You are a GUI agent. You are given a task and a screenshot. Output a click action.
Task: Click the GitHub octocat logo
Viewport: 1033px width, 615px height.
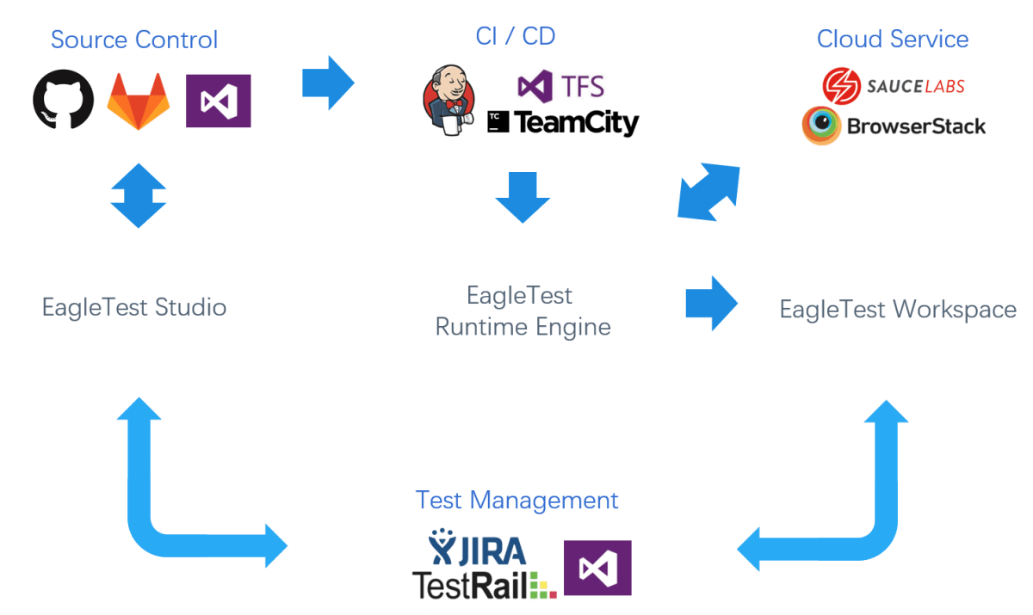pos(64,100)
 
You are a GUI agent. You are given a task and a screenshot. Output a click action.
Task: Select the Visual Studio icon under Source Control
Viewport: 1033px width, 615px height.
pos(218,101)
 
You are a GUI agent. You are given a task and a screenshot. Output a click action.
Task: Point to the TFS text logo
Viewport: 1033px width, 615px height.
pos(560,85)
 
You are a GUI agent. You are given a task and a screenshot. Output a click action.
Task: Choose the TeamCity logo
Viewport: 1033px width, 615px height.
pos(563,123)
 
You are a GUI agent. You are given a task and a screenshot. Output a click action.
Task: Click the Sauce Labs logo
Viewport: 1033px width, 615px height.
pos(893,85)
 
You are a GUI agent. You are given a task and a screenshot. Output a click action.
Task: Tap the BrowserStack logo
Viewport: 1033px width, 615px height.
pos(894,126)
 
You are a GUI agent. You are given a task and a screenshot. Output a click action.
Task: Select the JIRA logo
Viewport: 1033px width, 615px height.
pos(477,548)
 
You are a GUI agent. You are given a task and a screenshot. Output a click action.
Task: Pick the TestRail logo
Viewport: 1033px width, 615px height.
pos(485,584)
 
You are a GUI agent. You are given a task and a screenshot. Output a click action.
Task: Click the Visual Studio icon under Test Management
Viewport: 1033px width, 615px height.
pos(597,568)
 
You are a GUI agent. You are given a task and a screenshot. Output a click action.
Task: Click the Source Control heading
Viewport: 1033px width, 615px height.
pos(134,40)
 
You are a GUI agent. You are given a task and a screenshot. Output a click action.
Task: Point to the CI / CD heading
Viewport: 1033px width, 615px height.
pos(516,35)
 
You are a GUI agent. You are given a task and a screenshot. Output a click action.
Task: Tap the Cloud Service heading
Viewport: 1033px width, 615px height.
pos(893,39)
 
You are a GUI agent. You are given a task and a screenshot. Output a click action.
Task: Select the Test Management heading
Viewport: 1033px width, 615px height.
pos(516,500)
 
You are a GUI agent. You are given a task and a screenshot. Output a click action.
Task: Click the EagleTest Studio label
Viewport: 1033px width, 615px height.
pos(134,307)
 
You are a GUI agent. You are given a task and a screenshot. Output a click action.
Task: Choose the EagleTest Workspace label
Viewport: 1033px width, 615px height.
pos(898,310)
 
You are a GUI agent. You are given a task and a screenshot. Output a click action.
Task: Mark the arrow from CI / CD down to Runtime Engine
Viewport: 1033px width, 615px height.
pos(522,197)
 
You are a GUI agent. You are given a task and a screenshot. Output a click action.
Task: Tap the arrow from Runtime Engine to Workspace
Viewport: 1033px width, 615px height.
pos(712,303)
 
